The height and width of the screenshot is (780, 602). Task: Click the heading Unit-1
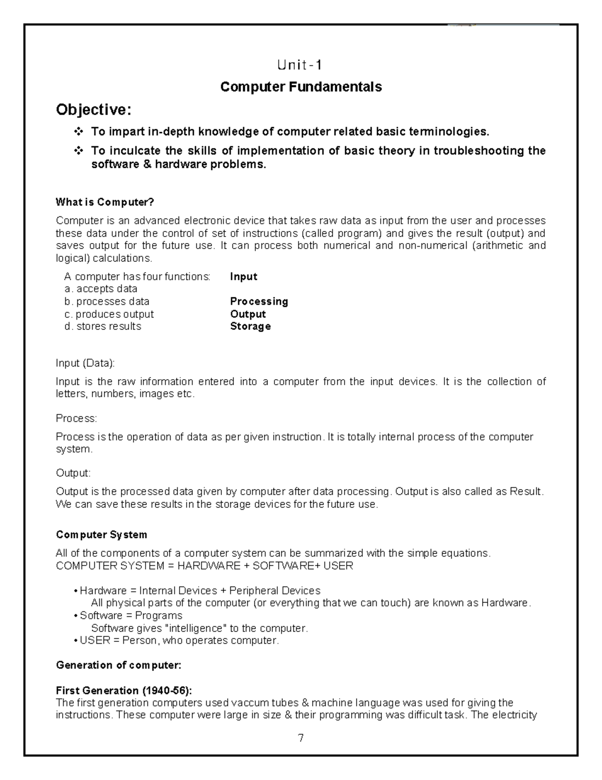[300, 65]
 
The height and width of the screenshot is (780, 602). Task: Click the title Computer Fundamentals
[301, 87]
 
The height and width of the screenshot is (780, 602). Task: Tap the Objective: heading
[94, 109]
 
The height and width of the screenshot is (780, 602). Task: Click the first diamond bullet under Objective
[79, 132]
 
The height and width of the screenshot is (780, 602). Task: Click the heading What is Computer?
[105, 202]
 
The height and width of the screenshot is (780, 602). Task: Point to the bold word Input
[243, 277]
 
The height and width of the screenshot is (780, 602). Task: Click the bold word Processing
[259, 301]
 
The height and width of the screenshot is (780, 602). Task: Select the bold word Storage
[250, 326]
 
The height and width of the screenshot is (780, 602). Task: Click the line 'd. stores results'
[103, 326]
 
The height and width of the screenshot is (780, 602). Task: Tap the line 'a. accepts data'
[101, 289]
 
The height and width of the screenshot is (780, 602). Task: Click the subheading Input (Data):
[85, 363]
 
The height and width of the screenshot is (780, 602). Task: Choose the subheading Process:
[76, 418]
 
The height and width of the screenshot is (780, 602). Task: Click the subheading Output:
[73, 473]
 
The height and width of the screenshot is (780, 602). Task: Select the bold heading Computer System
[101, 534]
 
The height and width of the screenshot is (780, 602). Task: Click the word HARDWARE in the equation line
[209, 566]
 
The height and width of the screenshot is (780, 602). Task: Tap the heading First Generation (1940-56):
[123, 690]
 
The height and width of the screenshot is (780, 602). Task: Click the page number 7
[300, 738]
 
